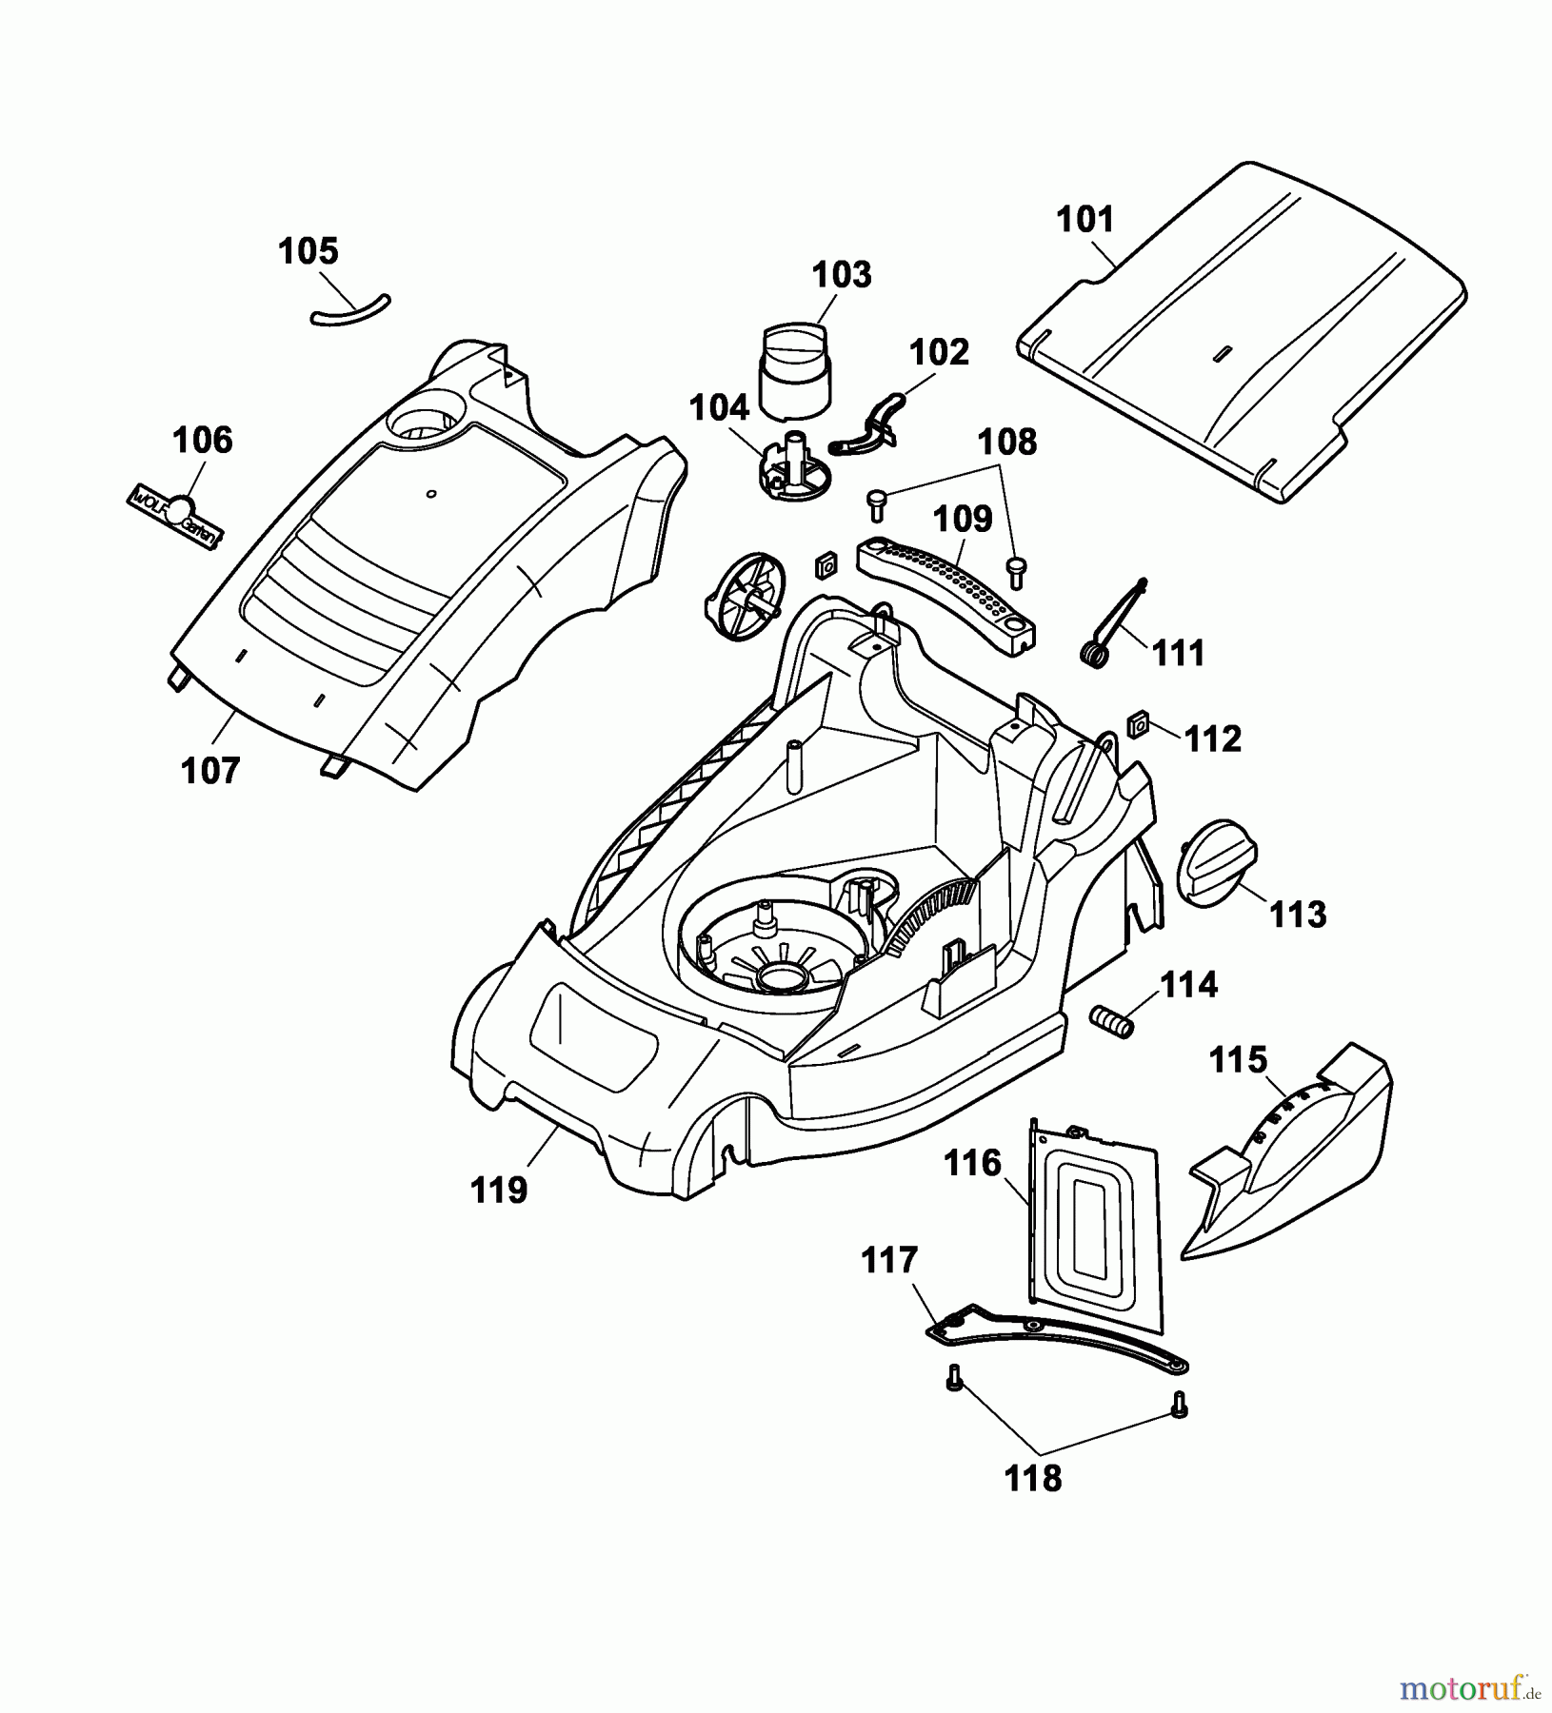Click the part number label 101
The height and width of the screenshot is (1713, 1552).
[x=1084, y=220]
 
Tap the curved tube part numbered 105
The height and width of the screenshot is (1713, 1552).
[x=350, y=310]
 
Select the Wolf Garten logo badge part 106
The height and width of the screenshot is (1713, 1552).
[x=175, y=513]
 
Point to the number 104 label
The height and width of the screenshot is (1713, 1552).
[x=719, y=408]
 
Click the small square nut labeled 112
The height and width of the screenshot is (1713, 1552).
[x=1137, y=727]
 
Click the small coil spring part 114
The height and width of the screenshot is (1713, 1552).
[x=1113, y=1022]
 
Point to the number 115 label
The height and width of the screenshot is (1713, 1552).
[x=1238, y=1059]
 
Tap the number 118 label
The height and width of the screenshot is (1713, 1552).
[x=1033, y=1478]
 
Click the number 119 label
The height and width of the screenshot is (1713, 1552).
[x=499, y=1190]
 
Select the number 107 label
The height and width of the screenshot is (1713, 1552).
[x=210, y=769]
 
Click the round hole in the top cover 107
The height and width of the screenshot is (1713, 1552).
[x=429, y=423]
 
